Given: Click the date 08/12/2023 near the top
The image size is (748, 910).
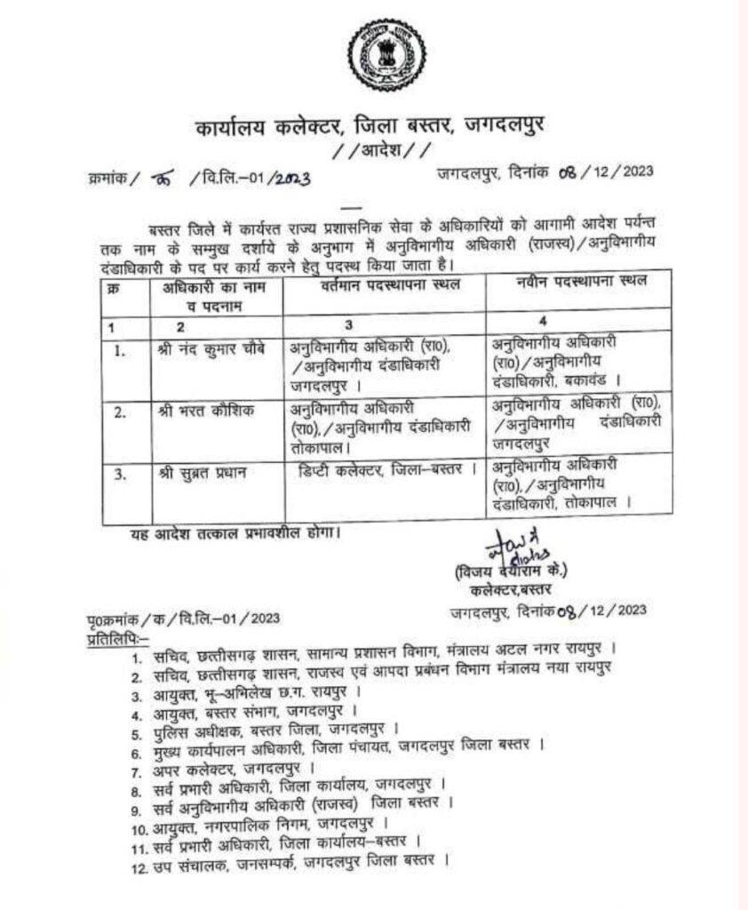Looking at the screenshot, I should click(603, 172).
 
